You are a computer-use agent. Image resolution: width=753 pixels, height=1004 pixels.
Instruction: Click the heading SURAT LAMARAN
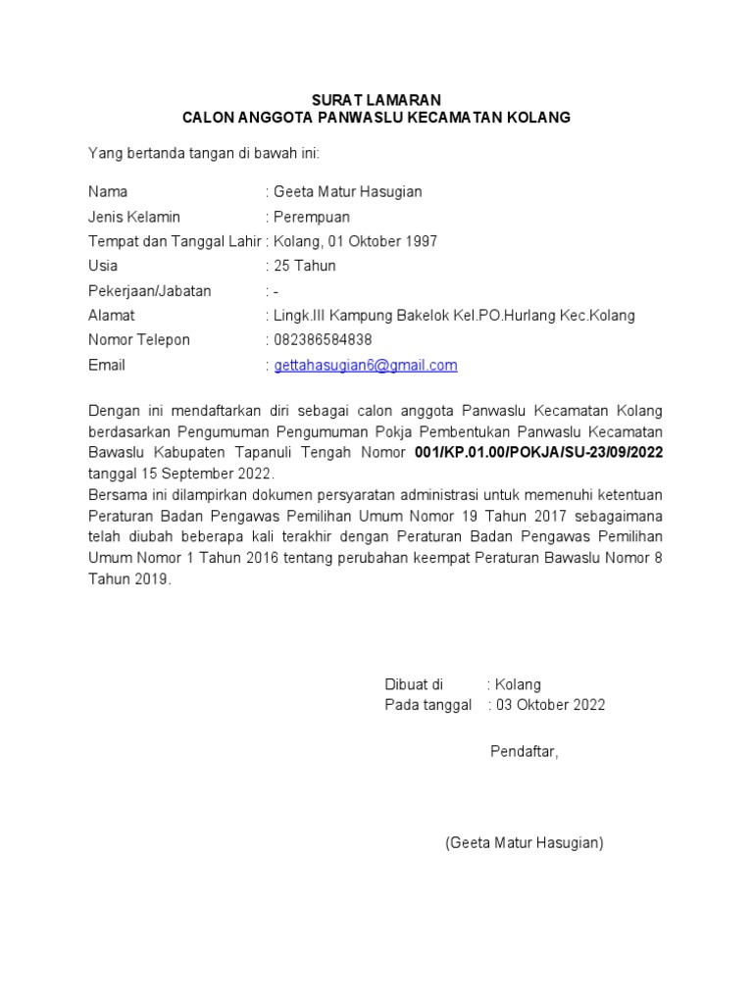pyautogui.click(x=376, y=100)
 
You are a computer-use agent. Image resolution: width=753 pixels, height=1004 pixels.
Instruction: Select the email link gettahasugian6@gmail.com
pyautogui.click(x=366, y=366)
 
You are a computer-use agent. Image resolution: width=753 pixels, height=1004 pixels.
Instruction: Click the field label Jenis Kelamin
pyautogui.click(x=134, y=217)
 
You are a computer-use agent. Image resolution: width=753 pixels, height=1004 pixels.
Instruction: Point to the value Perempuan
pyautogui.click(x=312, y=217)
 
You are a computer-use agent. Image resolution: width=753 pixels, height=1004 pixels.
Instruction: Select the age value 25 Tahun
pyautogui.click(x=305, y=266)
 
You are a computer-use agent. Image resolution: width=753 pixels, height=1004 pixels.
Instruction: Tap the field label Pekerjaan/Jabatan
pyautogui.click(x=150, y=291)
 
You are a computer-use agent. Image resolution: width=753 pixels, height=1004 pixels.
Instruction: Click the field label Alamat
pyautogui.click(x=112, y=316)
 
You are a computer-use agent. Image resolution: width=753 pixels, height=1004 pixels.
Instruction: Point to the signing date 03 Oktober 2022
pyautogui.click(x=550, y=705)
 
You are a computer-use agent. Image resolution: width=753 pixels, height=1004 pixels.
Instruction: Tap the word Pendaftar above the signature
pyautogui.click(x=524, y=752)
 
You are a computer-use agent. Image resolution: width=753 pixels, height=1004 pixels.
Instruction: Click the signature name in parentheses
pyautogui.click(x=524, y=842)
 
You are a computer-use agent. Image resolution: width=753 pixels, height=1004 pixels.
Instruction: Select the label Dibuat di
pyautogui.click(x=413, y=684)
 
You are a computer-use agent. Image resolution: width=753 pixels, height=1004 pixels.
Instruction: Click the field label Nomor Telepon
pyautogui.click(x=139, y=340)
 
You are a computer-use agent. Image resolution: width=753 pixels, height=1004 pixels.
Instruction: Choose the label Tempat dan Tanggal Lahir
pyautogui.click(x=175, y=241)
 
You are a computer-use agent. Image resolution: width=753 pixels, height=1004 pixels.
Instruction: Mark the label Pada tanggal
pyautogui.click(x=427, y=705)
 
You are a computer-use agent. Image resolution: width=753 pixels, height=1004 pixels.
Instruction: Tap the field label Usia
pyautogui.click(x=103, y=266)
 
